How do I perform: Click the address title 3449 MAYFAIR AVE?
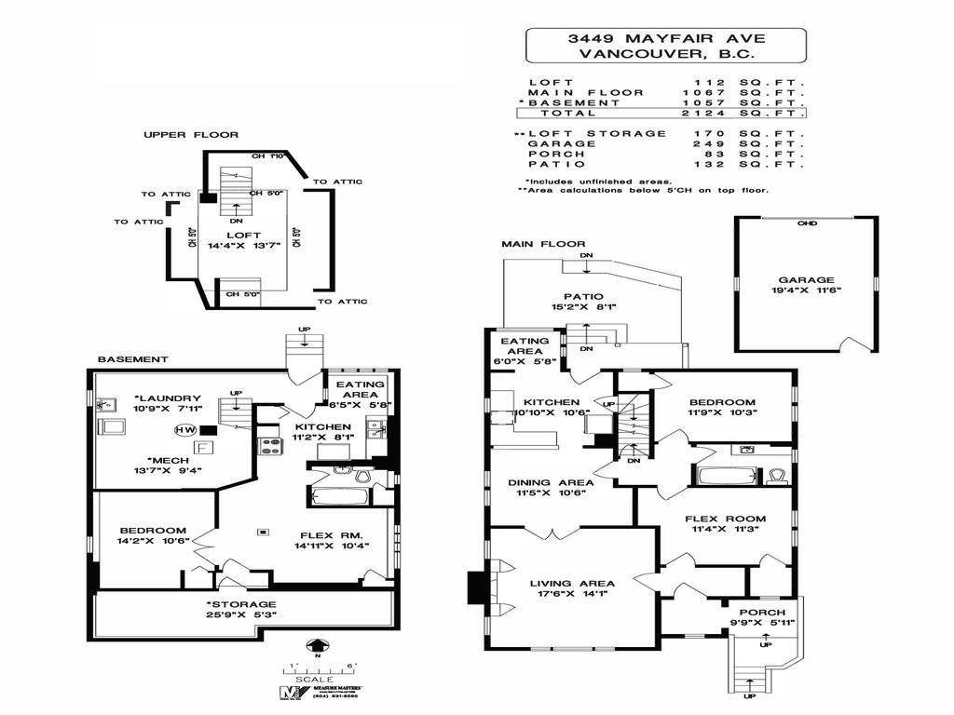coord(665,38)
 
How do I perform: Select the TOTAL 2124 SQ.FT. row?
coord(661,113)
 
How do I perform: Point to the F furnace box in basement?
coord(205,447)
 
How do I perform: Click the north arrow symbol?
coord(317,645)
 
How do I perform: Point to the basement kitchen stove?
coord(269,445)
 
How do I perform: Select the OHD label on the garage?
coord(807,223)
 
